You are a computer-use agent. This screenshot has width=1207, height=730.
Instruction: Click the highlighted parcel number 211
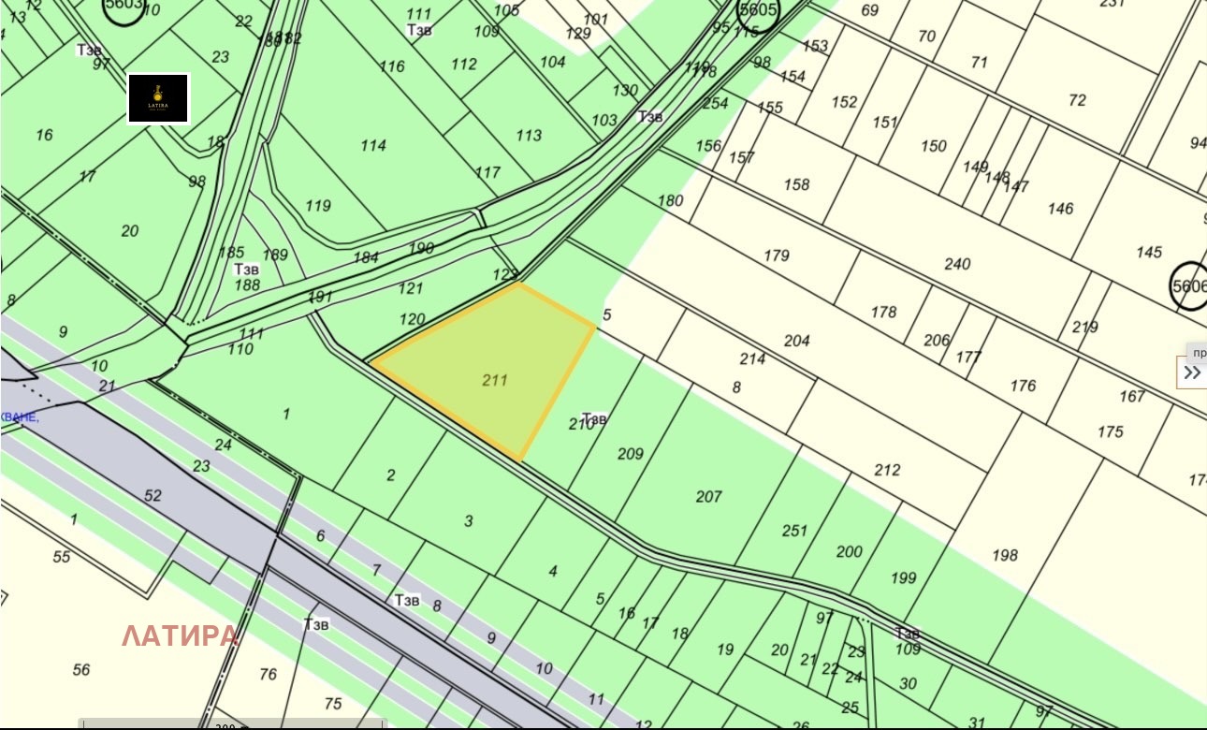[495, 380]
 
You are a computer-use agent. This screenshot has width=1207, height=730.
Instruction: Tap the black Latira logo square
[158, 98]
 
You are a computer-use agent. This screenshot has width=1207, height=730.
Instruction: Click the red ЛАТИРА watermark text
[180, 636]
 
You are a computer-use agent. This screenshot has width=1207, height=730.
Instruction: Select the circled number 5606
[1188, 285]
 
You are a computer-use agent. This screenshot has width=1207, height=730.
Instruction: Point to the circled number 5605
[757, 11]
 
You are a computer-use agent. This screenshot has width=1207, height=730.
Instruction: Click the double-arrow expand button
[1192, 372]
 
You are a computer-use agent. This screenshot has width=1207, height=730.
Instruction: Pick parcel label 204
[796, 341]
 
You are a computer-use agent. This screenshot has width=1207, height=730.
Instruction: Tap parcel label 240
[957, 264]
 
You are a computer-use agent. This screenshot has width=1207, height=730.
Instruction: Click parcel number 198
[1004, 555]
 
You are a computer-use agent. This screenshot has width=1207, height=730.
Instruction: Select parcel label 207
[708, 496]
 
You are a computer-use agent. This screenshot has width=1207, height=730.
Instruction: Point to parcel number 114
[372, 145]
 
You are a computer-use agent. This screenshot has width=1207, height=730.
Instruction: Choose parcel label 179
[776, 255]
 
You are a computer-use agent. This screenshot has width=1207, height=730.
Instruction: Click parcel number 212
[886, 470]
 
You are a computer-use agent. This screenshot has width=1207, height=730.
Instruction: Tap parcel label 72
[1077, 100]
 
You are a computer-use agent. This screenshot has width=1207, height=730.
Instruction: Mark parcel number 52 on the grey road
[153, 496]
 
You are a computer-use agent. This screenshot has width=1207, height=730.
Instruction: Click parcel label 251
[793, 531]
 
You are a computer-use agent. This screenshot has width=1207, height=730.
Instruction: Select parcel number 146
[1060, 209]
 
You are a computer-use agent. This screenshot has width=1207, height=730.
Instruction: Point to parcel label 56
[81, 669]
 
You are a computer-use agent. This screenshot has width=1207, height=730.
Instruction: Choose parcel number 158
[796, 184]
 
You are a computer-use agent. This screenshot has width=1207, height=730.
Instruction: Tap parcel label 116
[392, 66]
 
